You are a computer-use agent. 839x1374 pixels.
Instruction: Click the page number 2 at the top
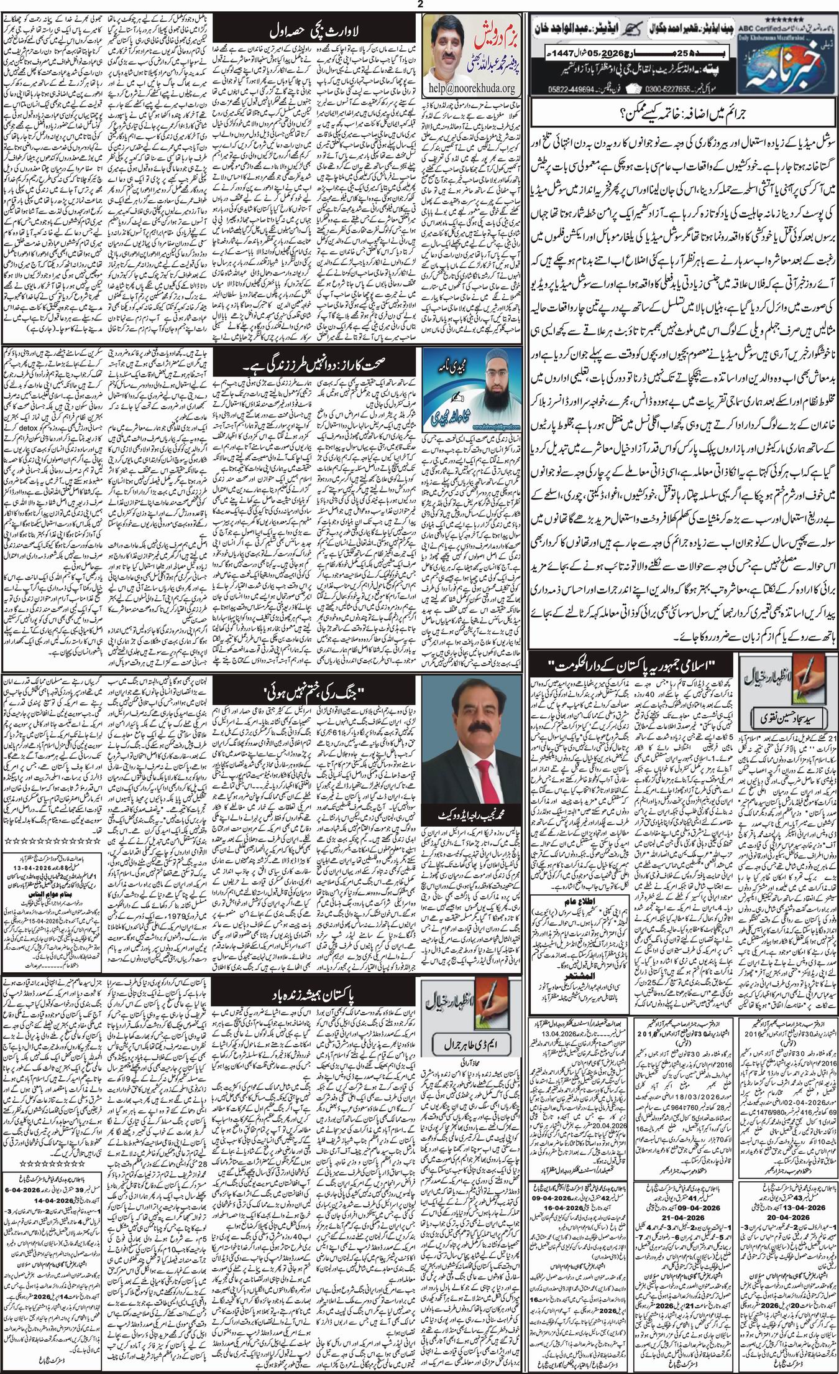coord(419,5)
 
